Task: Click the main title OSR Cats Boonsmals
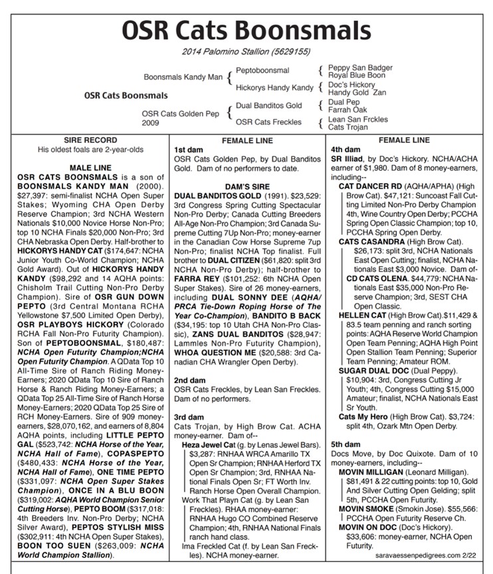point(246,30)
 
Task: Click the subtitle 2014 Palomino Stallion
point(246,52)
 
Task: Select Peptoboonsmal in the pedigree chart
point(262,70)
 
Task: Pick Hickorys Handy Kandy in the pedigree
point(274,87)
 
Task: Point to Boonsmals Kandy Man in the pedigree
point(183,77)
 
